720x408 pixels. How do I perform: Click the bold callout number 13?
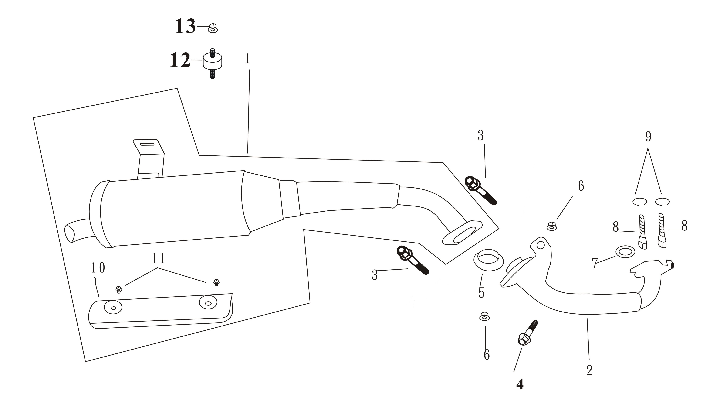185,27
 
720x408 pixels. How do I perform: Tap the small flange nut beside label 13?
213,28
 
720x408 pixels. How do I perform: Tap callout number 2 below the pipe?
589,371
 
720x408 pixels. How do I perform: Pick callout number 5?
481,292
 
